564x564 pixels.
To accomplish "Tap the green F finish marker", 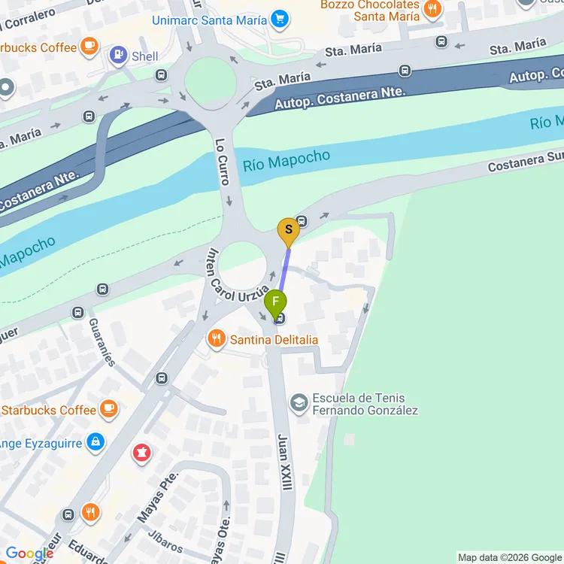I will pyautogui.click(x=275, y=304).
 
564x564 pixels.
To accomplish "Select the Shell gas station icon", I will pyautogui.click(x=118, y=55).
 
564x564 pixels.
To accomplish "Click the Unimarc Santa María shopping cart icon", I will pyautogui.click(x=280, y=20).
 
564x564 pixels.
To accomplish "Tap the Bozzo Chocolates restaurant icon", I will pyautogui.click(x=432, y=9).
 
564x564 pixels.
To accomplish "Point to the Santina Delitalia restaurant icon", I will pyautogui.click(x=217, y=339).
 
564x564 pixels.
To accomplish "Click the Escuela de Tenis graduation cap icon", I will pyautogui.click(x=299, y=403).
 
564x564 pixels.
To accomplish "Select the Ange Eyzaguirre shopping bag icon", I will pyautogui.click(x=95, y=442).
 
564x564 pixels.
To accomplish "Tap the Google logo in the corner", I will pyautogui.click(x=28, y=553).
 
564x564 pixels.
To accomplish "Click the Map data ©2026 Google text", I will pyautogui.click(x=509, y=557).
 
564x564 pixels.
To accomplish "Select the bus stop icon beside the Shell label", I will pyautogui.click(x=162, y=74).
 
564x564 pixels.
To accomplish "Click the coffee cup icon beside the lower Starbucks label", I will pyautogui.click(x=110, y=409).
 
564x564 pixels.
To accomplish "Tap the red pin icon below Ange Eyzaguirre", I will pyautogui.click(x=141, y=453).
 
